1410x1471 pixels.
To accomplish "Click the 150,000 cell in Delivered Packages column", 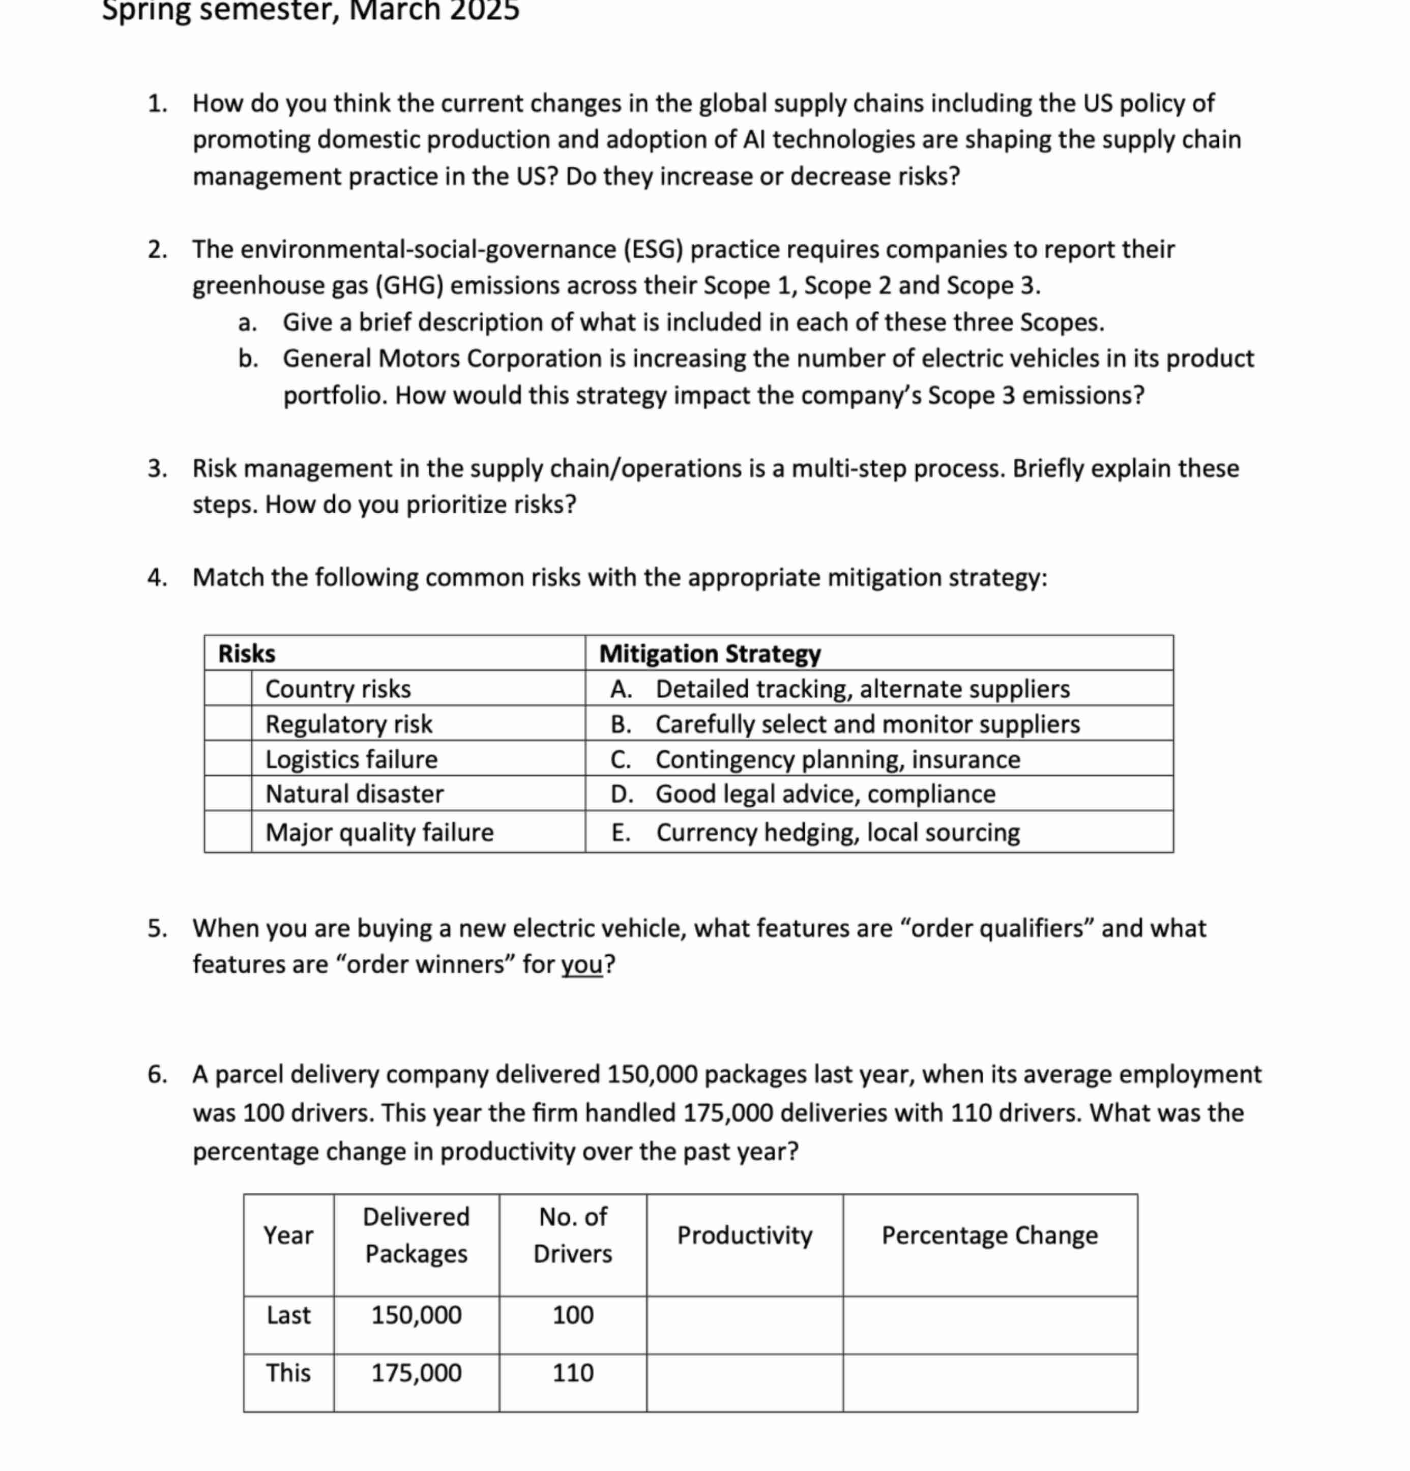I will [417, 1315].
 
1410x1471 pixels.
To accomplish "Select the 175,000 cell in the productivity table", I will [417, 1373].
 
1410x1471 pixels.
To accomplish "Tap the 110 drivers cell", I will [573, 1373].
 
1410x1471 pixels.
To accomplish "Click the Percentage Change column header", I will [989, 1235].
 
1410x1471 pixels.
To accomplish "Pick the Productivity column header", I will [744, 1235].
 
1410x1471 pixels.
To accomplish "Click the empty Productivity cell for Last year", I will [744, 1325].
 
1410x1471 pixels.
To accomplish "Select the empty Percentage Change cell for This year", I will [989, 1382].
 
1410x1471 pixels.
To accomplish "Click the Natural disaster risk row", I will [354, 794].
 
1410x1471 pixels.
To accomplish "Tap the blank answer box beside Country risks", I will [227, 688].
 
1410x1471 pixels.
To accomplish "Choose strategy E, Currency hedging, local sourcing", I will [837, 832].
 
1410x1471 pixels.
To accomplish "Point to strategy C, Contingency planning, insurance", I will [837, 759].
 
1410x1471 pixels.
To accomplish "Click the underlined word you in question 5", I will [581, 964].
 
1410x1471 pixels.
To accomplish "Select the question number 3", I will [157, 468].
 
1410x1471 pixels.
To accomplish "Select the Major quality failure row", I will [379, 832].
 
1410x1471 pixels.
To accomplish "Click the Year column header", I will [288, 1235].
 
